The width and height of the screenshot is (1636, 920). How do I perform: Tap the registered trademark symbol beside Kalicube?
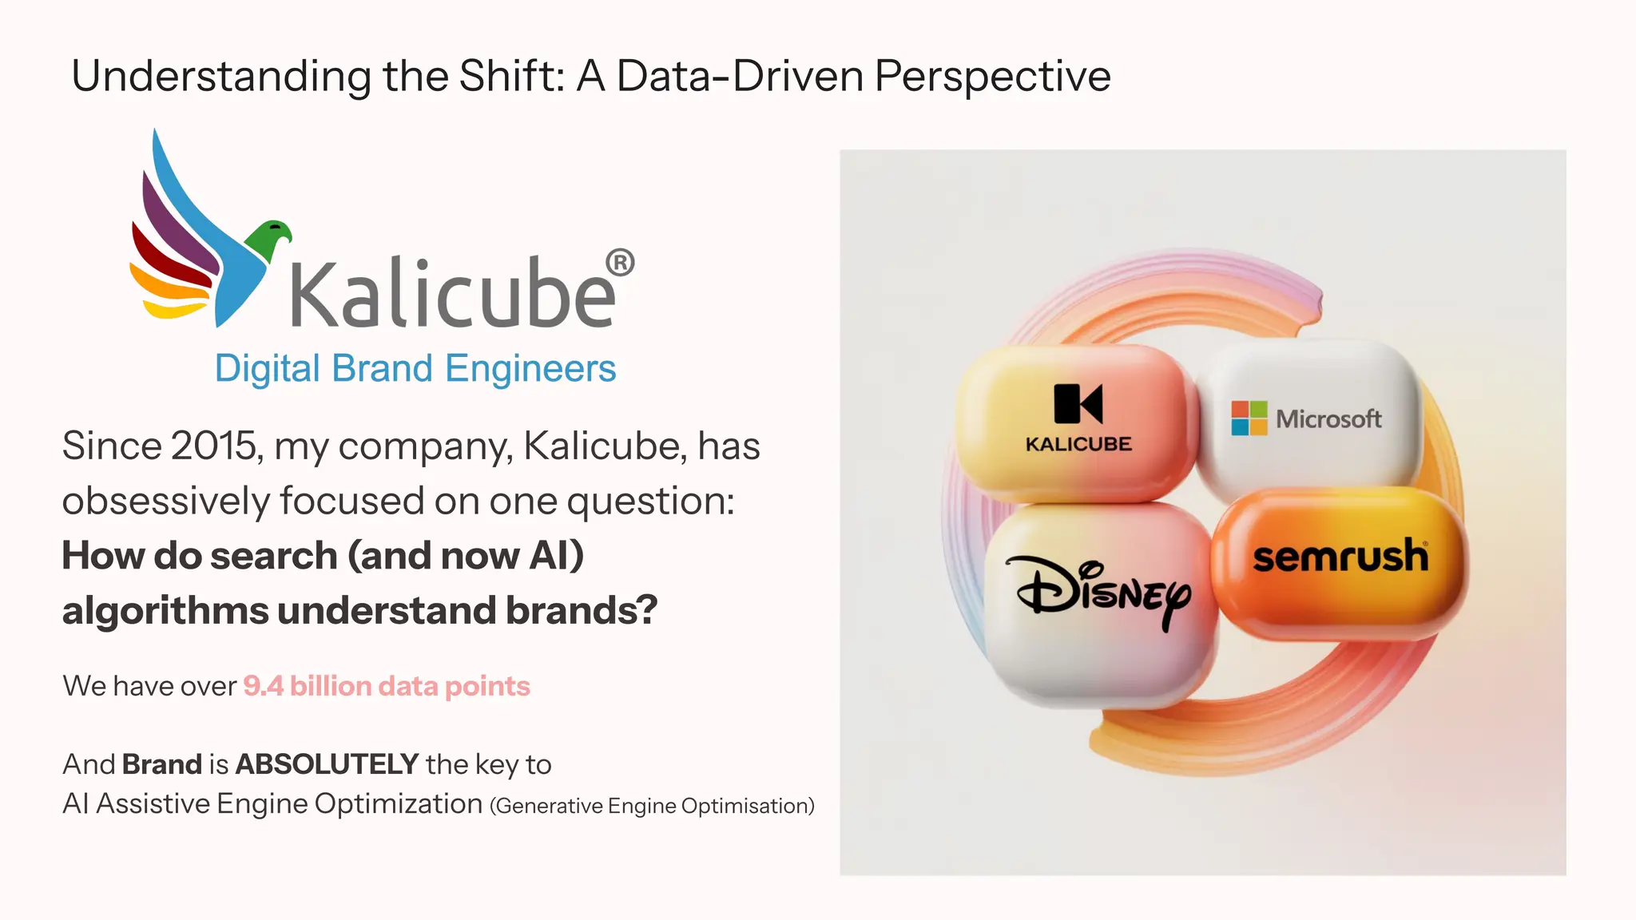(620, 263)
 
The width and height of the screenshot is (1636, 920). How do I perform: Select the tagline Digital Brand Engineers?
(415, 369)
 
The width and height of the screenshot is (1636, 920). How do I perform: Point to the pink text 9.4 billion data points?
(387, 686)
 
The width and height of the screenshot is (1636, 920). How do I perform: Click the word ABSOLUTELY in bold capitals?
(327, 764)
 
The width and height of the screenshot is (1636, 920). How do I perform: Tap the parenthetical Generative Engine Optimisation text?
(652, 806)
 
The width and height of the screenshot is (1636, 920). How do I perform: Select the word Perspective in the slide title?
(992, 77)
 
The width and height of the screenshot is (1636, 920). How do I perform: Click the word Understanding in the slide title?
(221, 77)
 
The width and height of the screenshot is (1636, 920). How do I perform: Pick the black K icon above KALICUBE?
(1078, 403)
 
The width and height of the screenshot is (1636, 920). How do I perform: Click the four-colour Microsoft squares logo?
(1249, 418)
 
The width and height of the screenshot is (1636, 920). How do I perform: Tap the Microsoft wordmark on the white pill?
(1328, 418)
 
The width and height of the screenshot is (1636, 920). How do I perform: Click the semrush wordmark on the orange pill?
(1340, 557)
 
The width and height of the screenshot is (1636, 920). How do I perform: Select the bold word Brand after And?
(161, 764)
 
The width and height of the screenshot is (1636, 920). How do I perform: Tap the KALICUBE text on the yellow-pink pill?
(1078, 444)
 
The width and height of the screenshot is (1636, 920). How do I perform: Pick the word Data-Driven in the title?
(740, 77)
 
